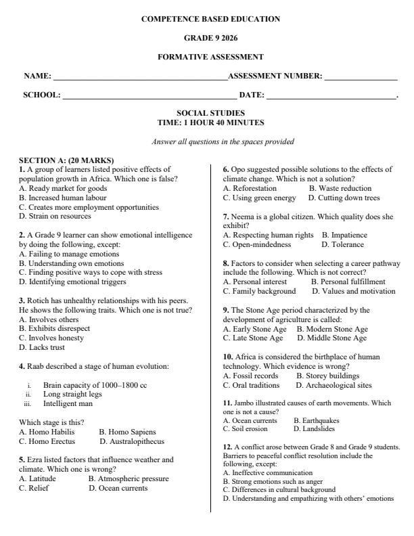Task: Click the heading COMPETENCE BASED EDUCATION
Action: click(x=210, y=19)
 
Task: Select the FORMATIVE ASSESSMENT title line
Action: click(x=210, y=57)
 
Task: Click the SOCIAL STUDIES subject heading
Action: click(x=210, y=113)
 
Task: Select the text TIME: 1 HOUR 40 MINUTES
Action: click(x=210, y=122)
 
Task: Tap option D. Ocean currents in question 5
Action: click(x=117, y=487)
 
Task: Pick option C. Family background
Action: click(x=259, y=291)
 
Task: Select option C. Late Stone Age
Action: click(x=253, y=338)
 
